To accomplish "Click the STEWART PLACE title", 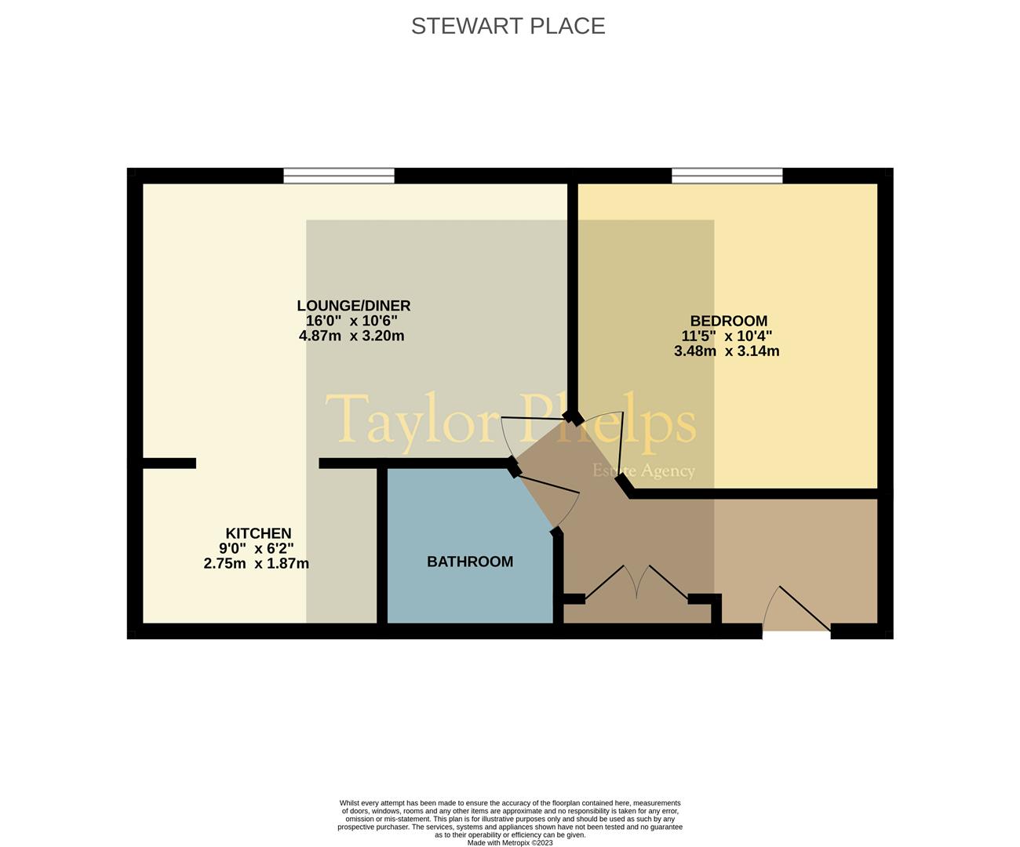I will pyautogui.click(x=508, y=26).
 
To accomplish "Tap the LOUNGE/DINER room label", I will pyautogui.click(x=353, y=306).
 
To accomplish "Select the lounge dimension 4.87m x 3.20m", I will pyautogui.click(x=352, y=336).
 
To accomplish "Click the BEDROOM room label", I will pyautogui.click(x=728, y=321).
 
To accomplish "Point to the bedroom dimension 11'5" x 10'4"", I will pyautogui.click(x=727, y=336).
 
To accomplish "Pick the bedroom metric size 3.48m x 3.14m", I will pyautogui.click(x=727, y=351).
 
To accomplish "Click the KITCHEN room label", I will pyautogui.click(x=258, y=533).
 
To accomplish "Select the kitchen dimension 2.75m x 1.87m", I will pyautogui.click(x=256, y=563).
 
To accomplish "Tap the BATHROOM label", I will pyautogui.click(x=470, y=562).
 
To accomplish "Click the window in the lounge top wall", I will pyautogui.click(x=339, y=176).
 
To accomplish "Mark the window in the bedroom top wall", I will pyautogui.click(x=727, y=176).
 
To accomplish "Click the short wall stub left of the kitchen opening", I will pyautogui.click(x=168, y=463).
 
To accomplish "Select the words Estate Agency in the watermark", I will pyautogui.click(x=643, y=471).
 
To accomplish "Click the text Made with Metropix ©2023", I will pyautogui.click(x=510, y=843).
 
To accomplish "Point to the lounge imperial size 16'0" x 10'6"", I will pyautogui.click(x=352, y=321).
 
